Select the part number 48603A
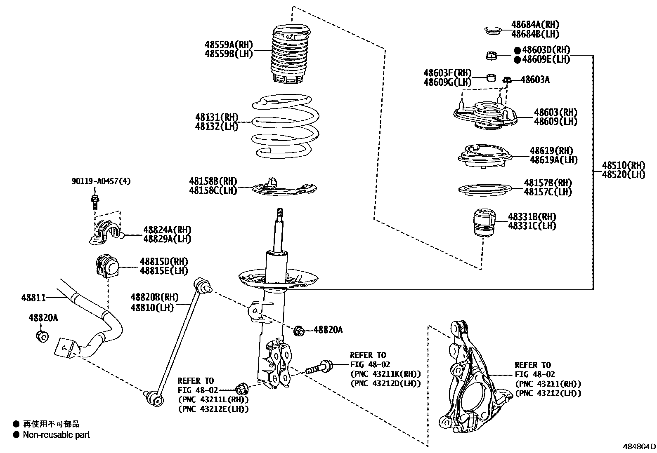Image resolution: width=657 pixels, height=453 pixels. [x=535, y=80]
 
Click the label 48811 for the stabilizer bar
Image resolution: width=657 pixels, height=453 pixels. [x=33, y=297]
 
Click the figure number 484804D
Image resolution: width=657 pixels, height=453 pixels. [x=639, y=447]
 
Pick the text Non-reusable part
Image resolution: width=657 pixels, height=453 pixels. [x=56, y=434]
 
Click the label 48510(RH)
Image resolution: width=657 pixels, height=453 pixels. [x=623, y=165]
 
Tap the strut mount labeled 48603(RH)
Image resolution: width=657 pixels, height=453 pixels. [x=485, y=115]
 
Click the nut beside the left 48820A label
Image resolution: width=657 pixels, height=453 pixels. [x=42, y=336]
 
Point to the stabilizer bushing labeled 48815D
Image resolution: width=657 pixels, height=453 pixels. [x=106, y=266]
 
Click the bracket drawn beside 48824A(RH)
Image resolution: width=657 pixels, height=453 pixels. [x=106, y=233]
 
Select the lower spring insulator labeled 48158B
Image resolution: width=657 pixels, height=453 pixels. [x=285, y=188]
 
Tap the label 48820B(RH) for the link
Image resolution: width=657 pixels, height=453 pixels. [x=155, y=297]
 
